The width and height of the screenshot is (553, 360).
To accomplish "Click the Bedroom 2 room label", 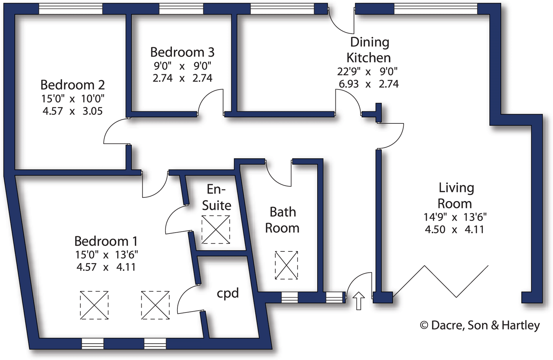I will coord(72,85).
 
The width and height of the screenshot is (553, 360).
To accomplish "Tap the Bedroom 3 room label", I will coord(182,52).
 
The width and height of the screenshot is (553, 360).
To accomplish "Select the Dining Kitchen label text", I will coord(369,50).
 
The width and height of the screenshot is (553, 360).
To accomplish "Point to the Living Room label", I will coord(455,195).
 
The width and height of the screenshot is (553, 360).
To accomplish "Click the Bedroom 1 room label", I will coord(106,241).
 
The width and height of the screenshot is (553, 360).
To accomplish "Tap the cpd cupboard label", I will coord(228,293).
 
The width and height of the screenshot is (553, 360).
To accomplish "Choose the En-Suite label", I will coord(216,197).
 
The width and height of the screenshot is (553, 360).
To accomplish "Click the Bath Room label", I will coord(282,220).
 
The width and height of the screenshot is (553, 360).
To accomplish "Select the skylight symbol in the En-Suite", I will coord(216,230).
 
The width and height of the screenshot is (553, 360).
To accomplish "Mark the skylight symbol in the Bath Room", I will coord(286,265).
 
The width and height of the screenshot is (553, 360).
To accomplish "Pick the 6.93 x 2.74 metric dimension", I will coord(369,84).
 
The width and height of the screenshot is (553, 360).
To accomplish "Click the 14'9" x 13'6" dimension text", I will coord(455,217).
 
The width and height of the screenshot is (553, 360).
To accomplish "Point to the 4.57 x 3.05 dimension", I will coord(72,111).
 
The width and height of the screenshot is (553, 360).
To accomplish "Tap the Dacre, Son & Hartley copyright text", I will coord(480,325).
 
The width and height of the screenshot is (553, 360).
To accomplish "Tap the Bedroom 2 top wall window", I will coord(71,9).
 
